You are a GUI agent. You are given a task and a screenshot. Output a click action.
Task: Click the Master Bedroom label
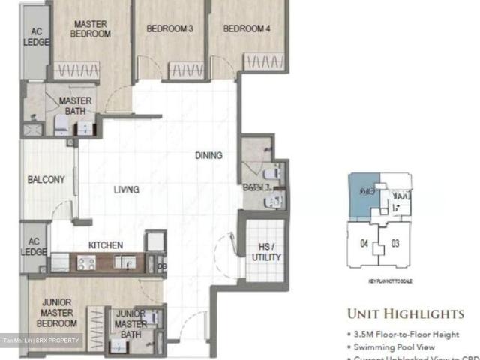click(91, 28)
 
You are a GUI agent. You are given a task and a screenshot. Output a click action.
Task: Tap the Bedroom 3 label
click(169, 28)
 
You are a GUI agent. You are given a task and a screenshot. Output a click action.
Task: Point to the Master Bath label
click(75, 106)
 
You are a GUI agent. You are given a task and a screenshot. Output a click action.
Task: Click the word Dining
click(208, 156)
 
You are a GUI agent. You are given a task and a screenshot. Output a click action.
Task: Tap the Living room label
click(126, 190)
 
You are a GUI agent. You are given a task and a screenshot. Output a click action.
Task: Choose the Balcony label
click(46, 180)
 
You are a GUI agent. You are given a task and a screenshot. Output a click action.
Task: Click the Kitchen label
click(106, 245)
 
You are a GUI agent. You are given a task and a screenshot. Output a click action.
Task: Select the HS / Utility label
click(266, 252)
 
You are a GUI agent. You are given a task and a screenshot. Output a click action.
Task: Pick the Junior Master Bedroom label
click(57, 313)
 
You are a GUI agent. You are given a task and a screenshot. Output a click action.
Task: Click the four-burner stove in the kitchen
click(85, 263)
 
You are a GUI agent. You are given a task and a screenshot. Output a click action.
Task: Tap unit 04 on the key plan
click(365, 243)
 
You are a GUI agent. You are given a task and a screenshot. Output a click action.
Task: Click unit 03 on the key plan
click(395, 243)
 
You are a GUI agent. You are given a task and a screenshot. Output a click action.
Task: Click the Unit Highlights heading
click(405, 313)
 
